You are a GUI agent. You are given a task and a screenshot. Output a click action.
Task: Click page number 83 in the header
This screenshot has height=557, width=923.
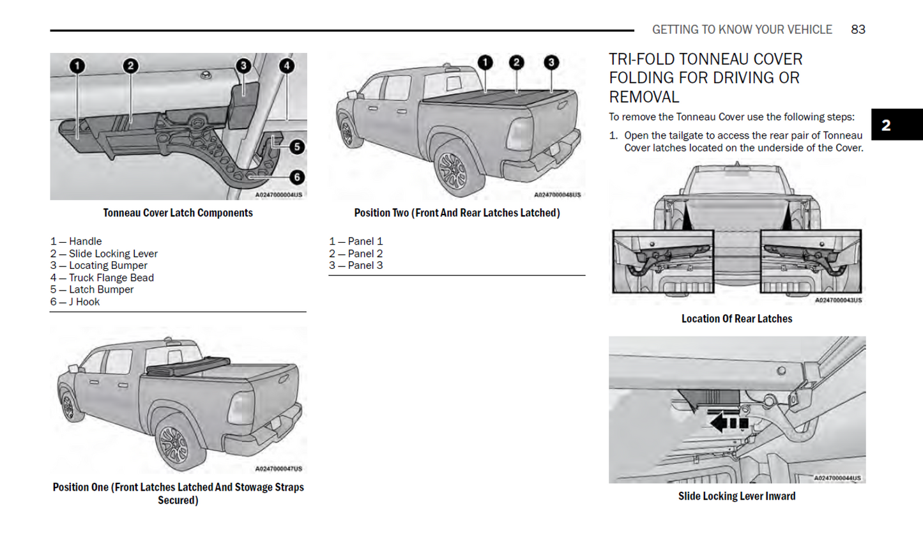point(858,29)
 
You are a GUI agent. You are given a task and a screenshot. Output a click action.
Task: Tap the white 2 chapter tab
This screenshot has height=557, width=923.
point(886,125)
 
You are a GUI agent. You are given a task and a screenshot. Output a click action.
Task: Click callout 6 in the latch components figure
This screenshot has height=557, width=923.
point(296,177)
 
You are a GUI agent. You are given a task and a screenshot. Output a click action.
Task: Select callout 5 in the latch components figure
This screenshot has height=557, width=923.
point(296,147)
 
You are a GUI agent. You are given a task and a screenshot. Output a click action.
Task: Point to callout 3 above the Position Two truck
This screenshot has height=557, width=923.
point(551,63)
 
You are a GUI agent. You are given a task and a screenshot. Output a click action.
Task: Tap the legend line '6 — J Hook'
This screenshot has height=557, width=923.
point(75,301)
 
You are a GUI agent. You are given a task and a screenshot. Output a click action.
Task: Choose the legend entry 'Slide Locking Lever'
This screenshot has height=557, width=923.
point(104,254)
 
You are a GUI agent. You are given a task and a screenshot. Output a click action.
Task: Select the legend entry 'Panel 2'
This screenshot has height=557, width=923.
point(356,254)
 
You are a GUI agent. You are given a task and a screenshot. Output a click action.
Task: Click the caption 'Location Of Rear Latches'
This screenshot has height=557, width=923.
point(736,319)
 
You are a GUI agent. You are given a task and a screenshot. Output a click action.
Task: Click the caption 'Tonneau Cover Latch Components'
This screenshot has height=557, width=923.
point(178,213)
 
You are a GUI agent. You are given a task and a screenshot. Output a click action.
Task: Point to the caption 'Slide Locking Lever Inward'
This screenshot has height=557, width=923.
point(736,496)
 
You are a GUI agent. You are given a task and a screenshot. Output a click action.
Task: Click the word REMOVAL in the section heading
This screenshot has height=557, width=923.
point(644,97)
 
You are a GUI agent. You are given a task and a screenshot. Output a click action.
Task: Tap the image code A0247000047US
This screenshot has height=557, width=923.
point(278,469)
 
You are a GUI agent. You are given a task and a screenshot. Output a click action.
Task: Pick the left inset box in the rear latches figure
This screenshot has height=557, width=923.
point(663,261)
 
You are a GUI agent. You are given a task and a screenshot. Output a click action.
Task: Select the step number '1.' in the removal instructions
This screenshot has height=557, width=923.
point(613,135)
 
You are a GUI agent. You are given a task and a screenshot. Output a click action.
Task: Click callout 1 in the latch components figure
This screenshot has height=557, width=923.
point(77,66)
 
